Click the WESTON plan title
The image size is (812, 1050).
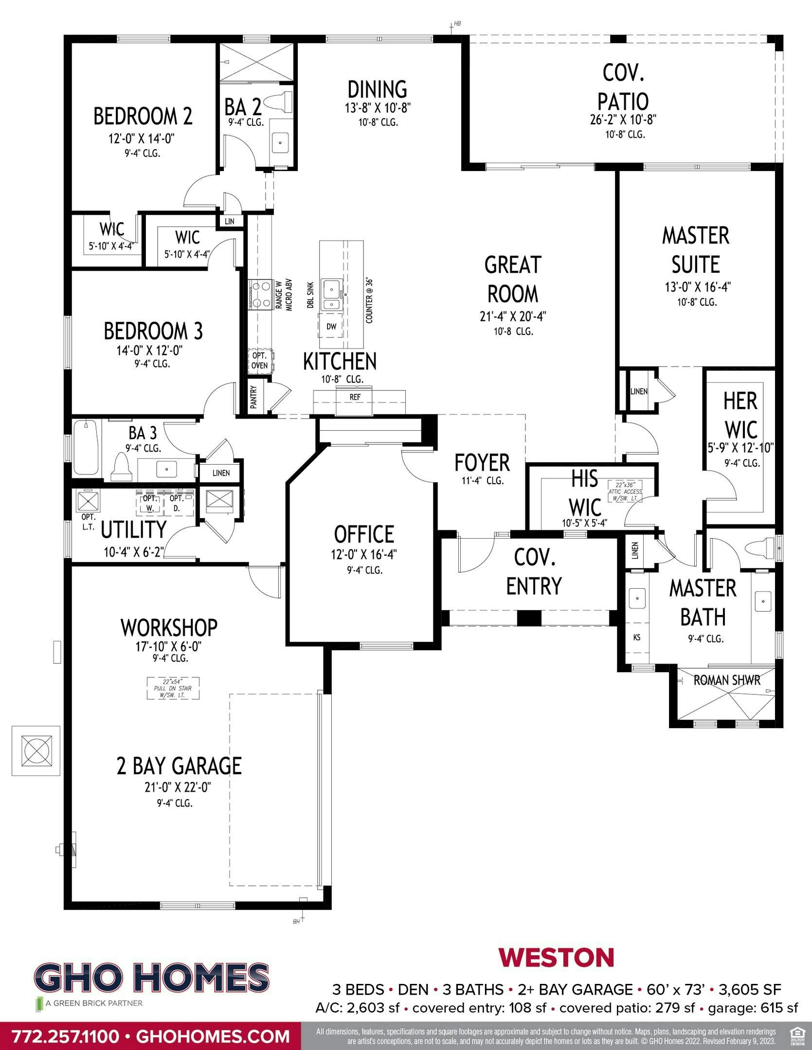click(x=556, y=958)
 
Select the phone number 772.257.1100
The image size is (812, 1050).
click(x=66, y=1036)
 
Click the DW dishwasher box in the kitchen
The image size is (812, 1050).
click(x=331, y=327)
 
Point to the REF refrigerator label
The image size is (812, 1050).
click(x=355, y=397)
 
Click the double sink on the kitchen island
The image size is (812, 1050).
click(x=332, y=295)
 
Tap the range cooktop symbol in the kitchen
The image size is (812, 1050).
click(x=260, y=295)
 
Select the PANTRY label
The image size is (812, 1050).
click(x=253, y=397)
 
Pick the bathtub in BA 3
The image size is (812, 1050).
click(x=86, y=448)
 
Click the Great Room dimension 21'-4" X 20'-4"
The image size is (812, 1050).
click(x=513, y=316)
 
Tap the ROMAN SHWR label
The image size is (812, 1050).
click(x=726, y=680)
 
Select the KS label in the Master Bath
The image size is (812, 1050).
click(x=637, y=637)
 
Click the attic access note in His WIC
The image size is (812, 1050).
click(x=625, y=491)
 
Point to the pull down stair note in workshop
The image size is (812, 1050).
click(x=174, y=688)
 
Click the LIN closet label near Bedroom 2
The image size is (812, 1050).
click(x=230, y=221)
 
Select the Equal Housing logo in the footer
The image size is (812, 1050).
click(x=796, y=1036)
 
